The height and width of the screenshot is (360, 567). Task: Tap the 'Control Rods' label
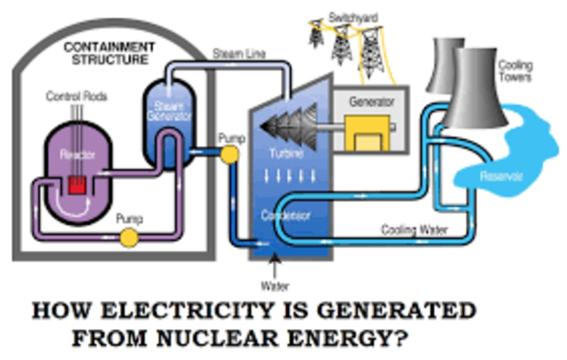(72, 95)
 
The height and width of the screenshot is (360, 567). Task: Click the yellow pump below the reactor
(129, 237)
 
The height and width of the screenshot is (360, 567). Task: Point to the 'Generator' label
(365, 101)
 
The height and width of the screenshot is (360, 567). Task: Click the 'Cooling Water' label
(407, 230)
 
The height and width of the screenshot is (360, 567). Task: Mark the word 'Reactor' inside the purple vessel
(76, 154)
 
